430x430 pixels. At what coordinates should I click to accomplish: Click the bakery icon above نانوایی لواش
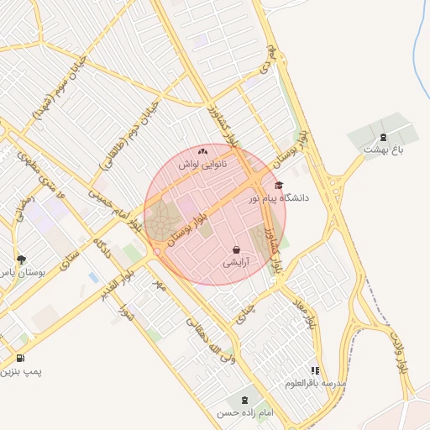pos(202,152)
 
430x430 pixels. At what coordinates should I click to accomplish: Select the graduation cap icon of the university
pos(279,186)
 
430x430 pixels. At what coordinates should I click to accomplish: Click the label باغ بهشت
pos(385,149)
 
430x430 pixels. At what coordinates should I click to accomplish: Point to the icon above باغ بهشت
pos(384,137)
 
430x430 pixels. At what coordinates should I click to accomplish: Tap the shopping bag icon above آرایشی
pos(236,249)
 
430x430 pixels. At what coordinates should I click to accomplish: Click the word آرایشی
pos(235,263)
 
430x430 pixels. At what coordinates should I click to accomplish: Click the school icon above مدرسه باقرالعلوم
pos(315,370)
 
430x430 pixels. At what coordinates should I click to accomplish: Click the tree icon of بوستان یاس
pos(21,260)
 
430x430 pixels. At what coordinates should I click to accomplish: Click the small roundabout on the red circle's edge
pos(157,252)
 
